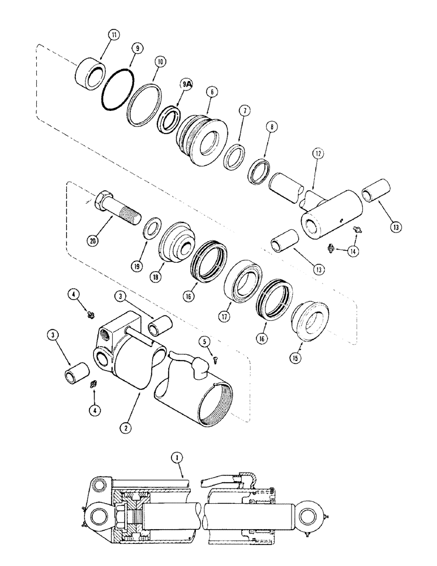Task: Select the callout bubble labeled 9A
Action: point(186,83)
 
